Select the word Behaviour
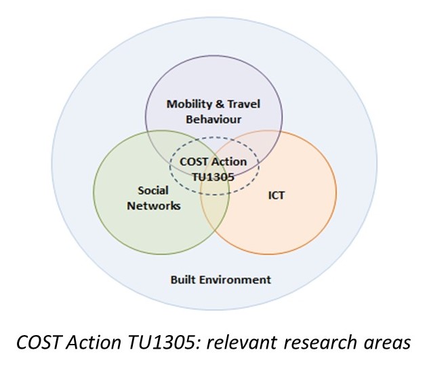213,120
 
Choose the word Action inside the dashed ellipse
230,163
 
